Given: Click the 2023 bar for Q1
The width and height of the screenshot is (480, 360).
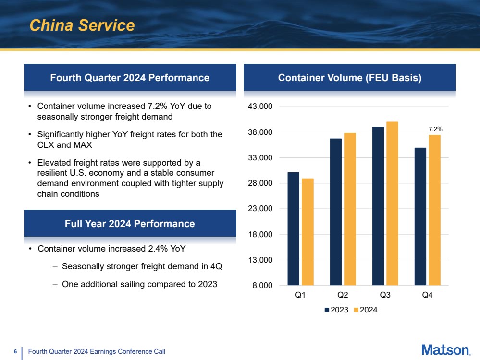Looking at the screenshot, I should tap(293, 228).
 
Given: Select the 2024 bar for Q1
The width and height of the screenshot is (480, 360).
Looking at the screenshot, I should tap(308, 232).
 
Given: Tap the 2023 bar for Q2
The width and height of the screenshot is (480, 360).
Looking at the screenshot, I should tap(335, 212).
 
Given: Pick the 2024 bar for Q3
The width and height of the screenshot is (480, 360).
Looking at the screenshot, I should tap(392, 204).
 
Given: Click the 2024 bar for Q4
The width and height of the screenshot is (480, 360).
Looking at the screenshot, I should tap(435, 210).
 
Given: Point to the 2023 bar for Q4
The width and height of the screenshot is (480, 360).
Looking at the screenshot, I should tap(420, 216).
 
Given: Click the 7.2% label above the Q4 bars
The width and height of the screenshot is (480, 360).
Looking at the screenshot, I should tap(435, 129).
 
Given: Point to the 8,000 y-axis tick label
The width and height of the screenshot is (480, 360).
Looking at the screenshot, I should tap(264, 286).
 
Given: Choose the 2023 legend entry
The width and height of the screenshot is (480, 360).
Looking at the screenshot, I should tap(336, 310).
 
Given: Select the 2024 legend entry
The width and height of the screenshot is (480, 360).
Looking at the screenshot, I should tap(366, 310).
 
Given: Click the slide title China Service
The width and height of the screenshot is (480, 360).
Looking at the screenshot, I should tap(82, 25).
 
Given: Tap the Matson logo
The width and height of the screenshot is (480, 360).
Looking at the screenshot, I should tap(445, 350).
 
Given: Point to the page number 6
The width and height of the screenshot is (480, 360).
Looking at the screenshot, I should tap(15, 352).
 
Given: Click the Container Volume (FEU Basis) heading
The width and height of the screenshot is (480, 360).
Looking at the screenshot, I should tap(350, 78).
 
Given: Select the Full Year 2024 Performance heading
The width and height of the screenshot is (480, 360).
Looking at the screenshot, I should tap(130, 224).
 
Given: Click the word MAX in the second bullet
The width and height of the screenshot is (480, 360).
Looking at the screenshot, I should tap(82, 144).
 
